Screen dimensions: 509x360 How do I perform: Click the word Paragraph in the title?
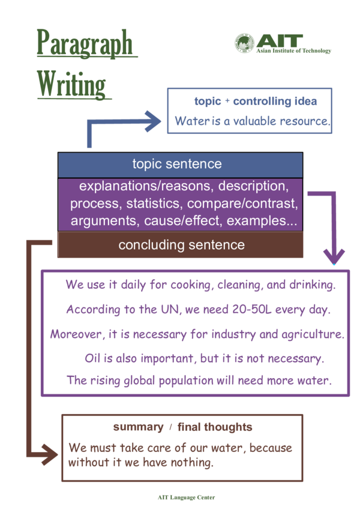(84, 43)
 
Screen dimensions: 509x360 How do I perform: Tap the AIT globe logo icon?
(244, 43)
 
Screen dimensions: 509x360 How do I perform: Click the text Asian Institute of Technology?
(293, 50)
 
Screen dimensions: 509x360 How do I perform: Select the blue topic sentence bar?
(180, 164)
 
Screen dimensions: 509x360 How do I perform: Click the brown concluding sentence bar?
(181, 245)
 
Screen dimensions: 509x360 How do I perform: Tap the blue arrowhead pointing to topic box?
(154, 122)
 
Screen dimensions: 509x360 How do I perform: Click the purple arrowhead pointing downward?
(334, 256)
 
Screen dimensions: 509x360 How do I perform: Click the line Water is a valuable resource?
(251, 121)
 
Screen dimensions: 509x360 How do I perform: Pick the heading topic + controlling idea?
(255, 101)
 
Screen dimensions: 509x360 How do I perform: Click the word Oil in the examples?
(92, 358)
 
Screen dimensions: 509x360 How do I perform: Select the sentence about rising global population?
(199, 380)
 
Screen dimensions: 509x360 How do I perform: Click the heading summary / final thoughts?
(182, 427)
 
